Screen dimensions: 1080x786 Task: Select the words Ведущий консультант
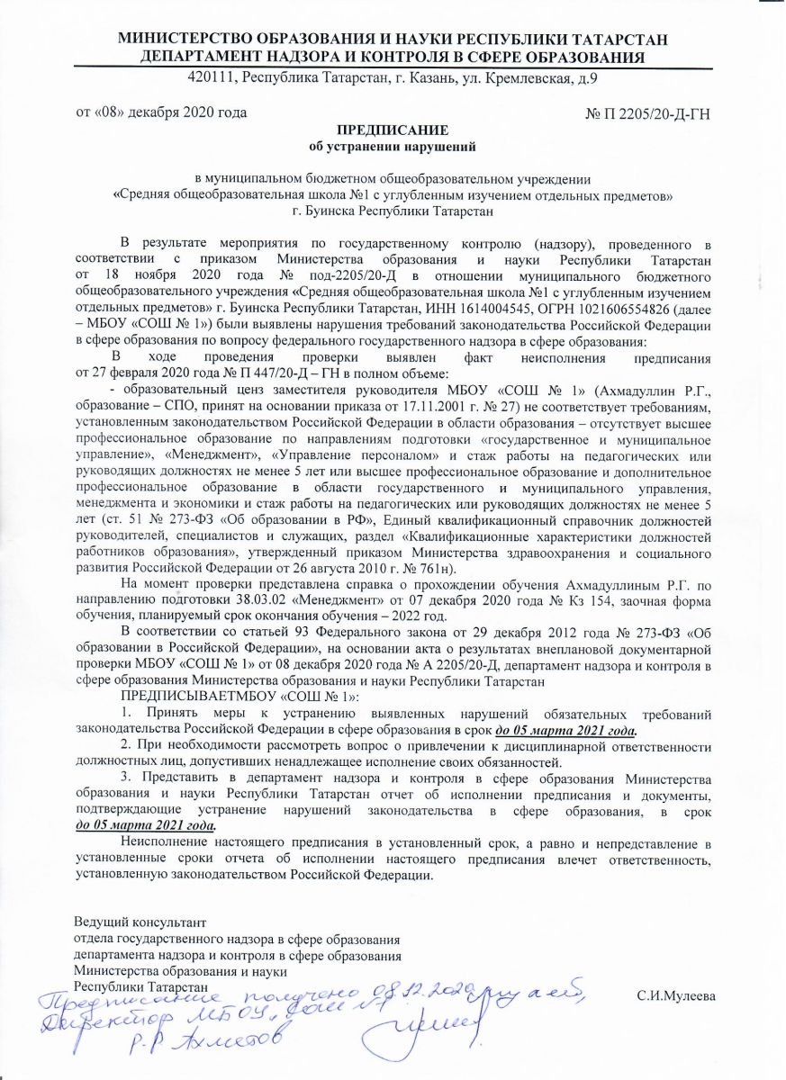tap(140, 922)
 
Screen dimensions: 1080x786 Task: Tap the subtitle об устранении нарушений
tap(392, 145)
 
